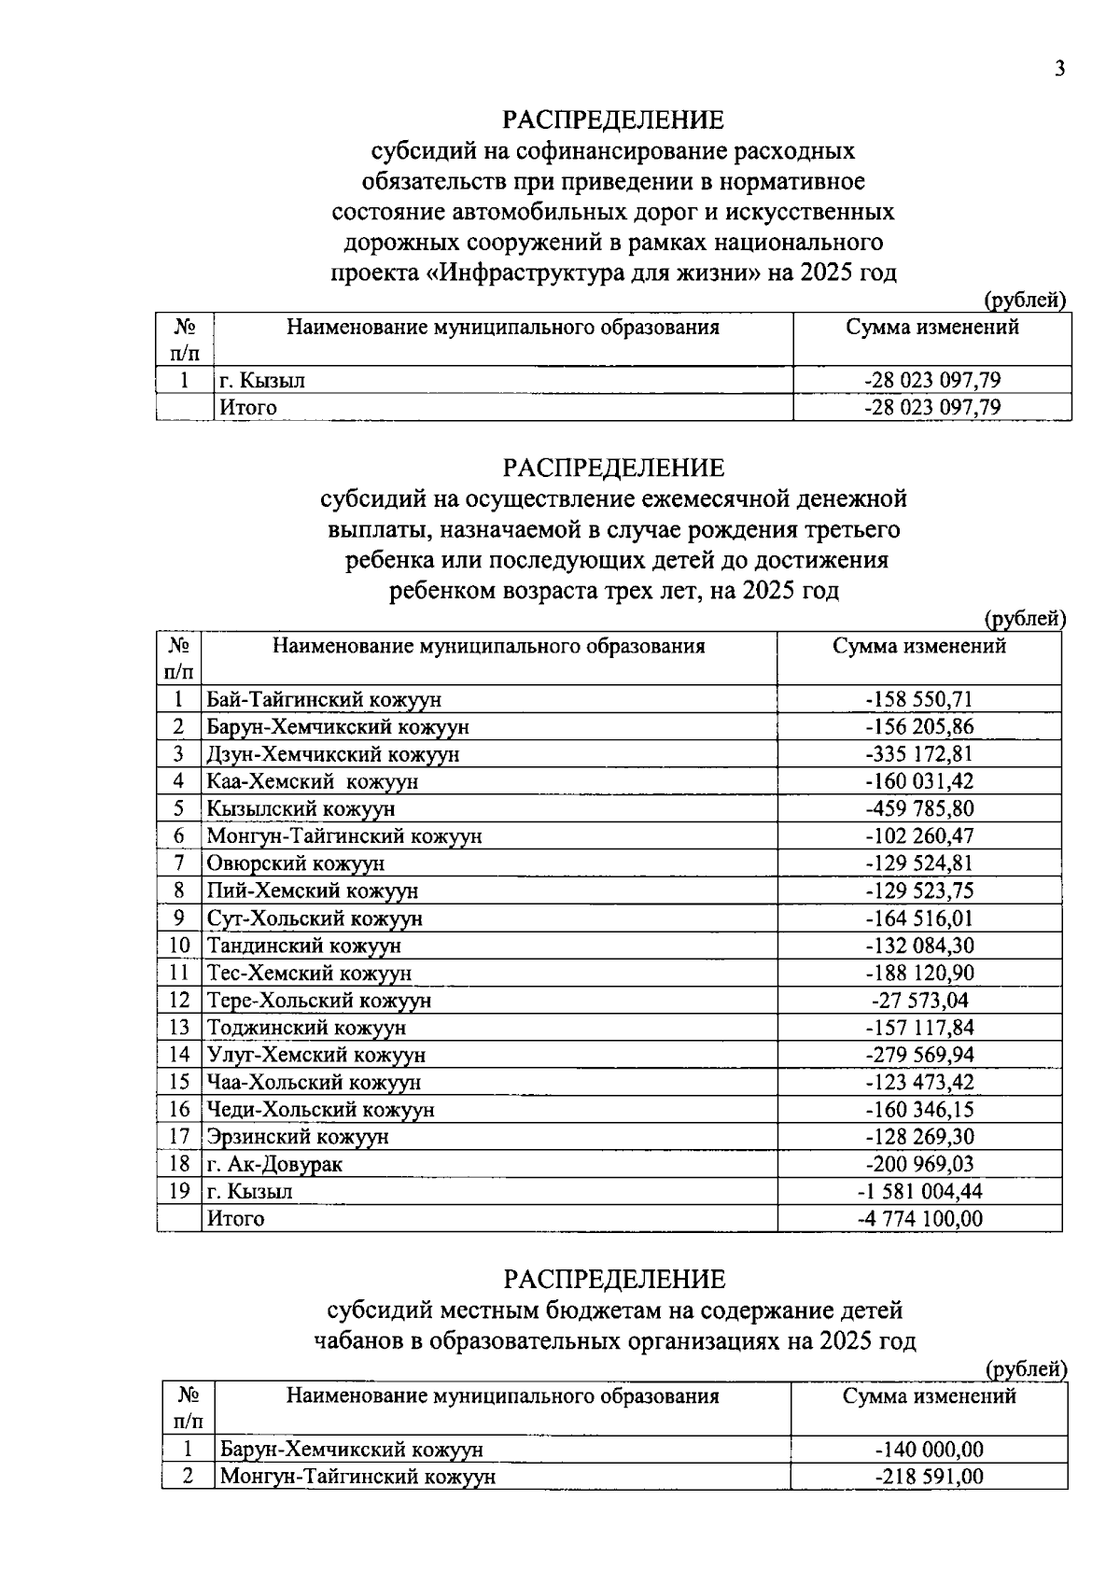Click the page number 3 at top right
[1058, 70]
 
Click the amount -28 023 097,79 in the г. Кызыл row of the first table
[932, 380]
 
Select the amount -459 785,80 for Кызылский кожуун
[919, 808]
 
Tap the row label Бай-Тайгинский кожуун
[324, 700]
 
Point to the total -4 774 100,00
[919, 1218]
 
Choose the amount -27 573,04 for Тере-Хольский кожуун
[919, 1001]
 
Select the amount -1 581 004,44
[919, 1192]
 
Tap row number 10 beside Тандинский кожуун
[179, 946]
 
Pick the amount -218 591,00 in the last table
[930, 1477]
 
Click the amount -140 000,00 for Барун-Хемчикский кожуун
[930, 1450]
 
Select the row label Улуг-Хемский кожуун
[316, 1056]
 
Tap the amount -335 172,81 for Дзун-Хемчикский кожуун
[919, 754]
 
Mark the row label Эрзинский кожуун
[298, 1137]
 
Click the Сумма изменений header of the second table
[919, 646]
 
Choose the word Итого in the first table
[247, 408]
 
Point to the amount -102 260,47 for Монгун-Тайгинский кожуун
[919, 836]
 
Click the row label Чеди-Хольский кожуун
[321, 1110]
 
